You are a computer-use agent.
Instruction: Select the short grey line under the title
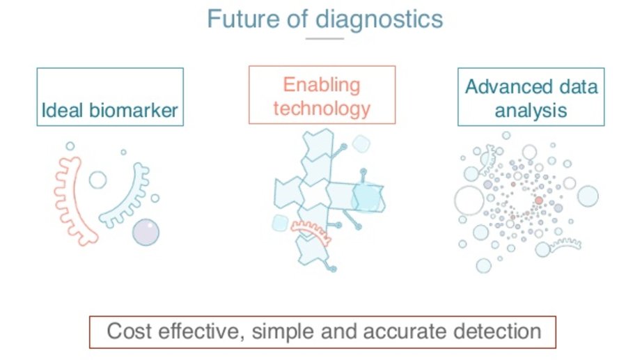click(324, 38)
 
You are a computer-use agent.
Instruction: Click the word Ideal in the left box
click(61, 110)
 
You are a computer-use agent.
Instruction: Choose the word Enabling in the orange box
click(322, 86)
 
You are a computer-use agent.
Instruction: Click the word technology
click(322, 109)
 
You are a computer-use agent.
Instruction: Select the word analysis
click(531, 110)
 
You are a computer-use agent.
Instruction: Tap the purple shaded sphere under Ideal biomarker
click(146, 232)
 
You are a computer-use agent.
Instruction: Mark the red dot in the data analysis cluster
click(538, 201)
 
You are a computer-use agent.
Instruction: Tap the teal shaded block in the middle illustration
click(368, 196)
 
